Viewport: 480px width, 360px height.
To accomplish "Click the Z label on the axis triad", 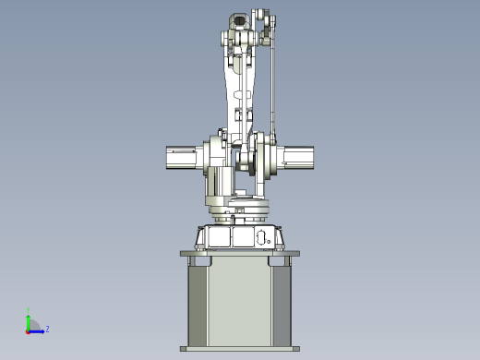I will (x=47, y=329).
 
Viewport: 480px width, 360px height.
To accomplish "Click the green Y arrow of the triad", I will (x=29, y=317).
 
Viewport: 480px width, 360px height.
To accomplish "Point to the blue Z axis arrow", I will (x=38, y=330).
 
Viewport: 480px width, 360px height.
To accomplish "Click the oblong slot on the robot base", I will (x=261, y=236).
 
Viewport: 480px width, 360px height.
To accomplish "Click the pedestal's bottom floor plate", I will (x=239, y=349).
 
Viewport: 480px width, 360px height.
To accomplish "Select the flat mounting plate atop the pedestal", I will (x=239, y=252).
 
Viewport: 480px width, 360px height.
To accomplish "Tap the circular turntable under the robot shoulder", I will (x=238, y=211).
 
